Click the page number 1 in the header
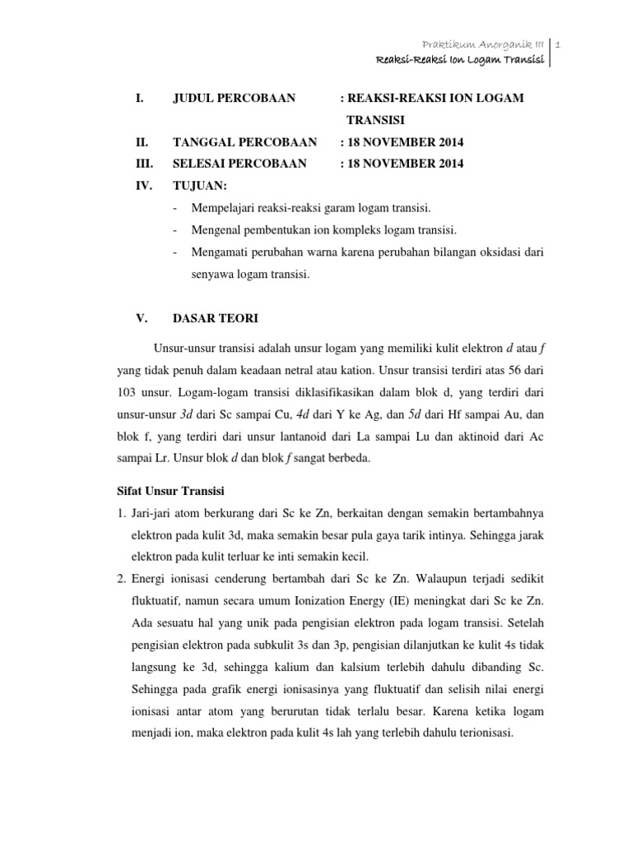[559, 43]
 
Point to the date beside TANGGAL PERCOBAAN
[401, 142]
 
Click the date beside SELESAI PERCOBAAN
[401, 164]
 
